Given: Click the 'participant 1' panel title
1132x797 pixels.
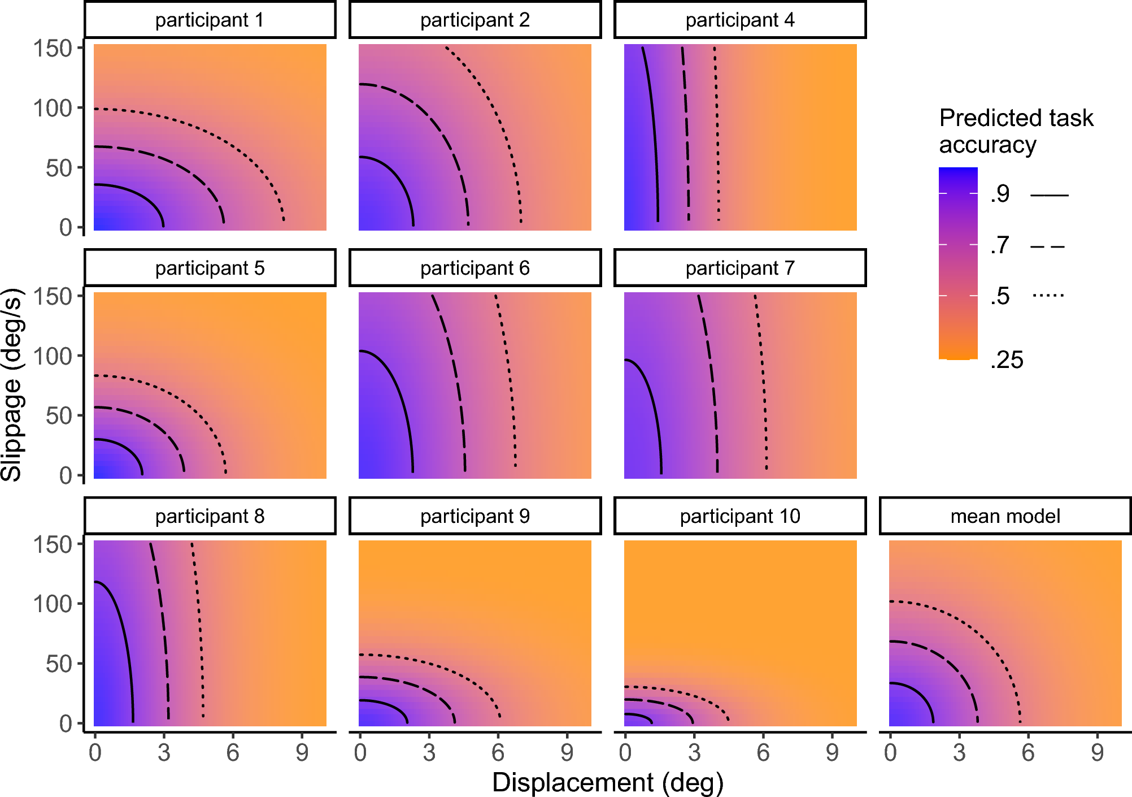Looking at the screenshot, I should [210, 20].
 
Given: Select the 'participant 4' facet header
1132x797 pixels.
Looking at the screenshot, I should [740, 20].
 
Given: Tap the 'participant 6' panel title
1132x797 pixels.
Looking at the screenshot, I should [474, 268].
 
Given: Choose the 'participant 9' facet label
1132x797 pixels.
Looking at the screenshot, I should [474, 516].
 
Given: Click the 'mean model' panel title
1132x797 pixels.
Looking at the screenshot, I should [1005, 516].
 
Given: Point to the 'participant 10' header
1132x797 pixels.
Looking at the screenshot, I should [740, 516].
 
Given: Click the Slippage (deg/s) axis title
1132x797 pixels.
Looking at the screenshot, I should [12, 384].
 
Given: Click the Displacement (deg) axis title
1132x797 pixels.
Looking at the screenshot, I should [608, 783].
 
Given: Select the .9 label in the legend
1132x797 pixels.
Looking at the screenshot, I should [1000, 194].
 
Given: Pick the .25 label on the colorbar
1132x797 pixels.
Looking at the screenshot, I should [1007, 360].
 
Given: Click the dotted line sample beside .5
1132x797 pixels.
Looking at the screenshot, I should [1048, 295].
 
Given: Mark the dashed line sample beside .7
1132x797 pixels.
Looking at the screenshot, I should [1048, 247].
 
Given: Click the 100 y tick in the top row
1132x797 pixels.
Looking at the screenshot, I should [53, 108].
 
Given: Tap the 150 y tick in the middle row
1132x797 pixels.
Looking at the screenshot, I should [53, 296].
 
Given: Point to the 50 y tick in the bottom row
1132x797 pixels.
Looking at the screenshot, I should [59, 664].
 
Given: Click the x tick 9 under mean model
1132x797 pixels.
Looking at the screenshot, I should [1097, 753].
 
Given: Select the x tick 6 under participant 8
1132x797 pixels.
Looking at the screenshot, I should [233, 753].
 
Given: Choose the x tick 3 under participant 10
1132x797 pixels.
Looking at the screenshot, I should [694, 753].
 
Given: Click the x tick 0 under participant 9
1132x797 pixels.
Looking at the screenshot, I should [360, 753].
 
